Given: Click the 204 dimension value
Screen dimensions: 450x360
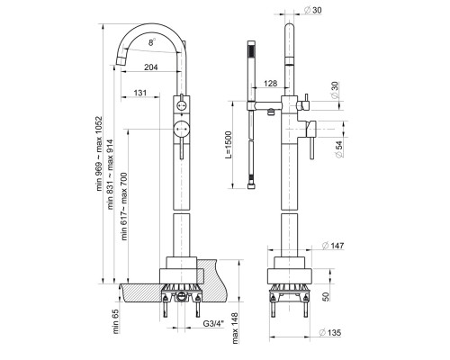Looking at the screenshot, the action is pyautogui.click(x=151, y=67).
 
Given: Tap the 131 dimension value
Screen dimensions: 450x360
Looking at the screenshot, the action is pyautogui.click(x=140, y=93).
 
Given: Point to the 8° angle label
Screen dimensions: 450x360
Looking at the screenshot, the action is pyautogui.click(x=152, y=42).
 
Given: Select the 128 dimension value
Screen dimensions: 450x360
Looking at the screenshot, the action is pyautogui.click(x=270, y=83).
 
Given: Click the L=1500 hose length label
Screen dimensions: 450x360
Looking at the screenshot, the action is pyautogui.click(x=229, y=144).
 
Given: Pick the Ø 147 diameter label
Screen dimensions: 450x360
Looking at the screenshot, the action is pyautogui.click(x=333, y=246).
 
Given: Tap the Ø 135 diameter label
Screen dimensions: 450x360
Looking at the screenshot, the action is pyautogui.click(x=330, y=332).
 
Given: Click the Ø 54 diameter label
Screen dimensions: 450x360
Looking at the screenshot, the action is pyautogui.click(x=338, y=149).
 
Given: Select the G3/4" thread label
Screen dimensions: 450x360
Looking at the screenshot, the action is pyautogui.click(x=213, y=324).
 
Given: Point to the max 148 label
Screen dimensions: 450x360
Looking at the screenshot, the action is pyautogui.click(x=235, y=328).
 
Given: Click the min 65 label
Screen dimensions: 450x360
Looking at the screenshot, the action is pyautogui.click(x=116, y=321).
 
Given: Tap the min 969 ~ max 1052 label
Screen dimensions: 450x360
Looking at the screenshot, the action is pyautogui.click(x=99, y=154).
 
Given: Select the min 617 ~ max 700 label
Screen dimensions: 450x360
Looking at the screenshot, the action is pyautogui.click(x=124, y=206).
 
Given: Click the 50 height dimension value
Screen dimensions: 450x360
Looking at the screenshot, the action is pyautogui.click(x=327, y=297).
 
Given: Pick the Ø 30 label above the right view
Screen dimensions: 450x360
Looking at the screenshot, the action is pyautogui.click(x=312, y=10).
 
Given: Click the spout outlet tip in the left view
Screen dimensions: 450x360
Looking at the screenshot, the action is pyautogui.click(x=121, y=61).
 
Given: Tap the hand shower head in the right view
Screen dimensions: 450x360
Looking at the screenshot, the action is pyautogui.click(x=251, y=71).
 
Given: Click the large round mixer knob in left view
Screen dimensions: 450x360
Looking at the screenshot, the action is pyautogui.click(x=181, y=129).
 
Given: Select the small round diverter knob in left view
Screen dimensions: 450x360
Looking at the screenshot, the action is pyautogui.click(x=181, y=105).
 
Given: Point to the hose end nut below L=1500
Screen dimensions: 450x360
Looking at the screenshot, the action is pyautogui.click(x=251, y=186).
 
